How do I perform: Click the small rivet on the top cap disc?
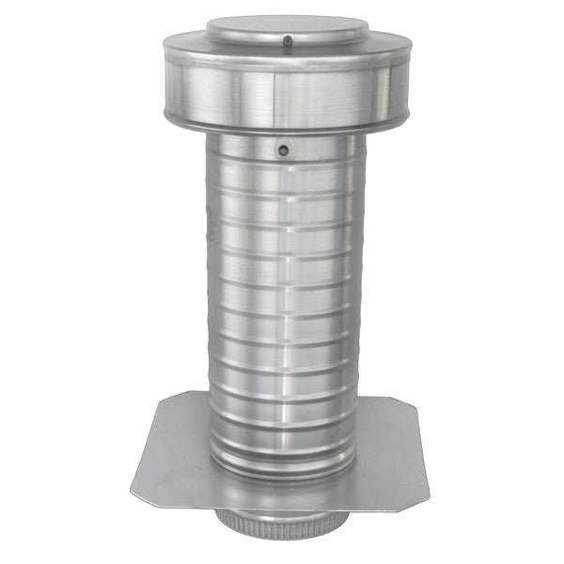286,40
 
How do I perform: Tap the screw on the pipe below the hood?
283,149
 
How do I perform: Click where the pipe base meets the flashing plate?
282,476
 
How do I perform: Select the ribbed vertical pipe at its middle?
282,301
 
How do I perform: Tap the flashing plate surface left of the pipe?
174,451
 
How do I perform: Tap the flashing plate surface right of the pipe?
390,451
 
